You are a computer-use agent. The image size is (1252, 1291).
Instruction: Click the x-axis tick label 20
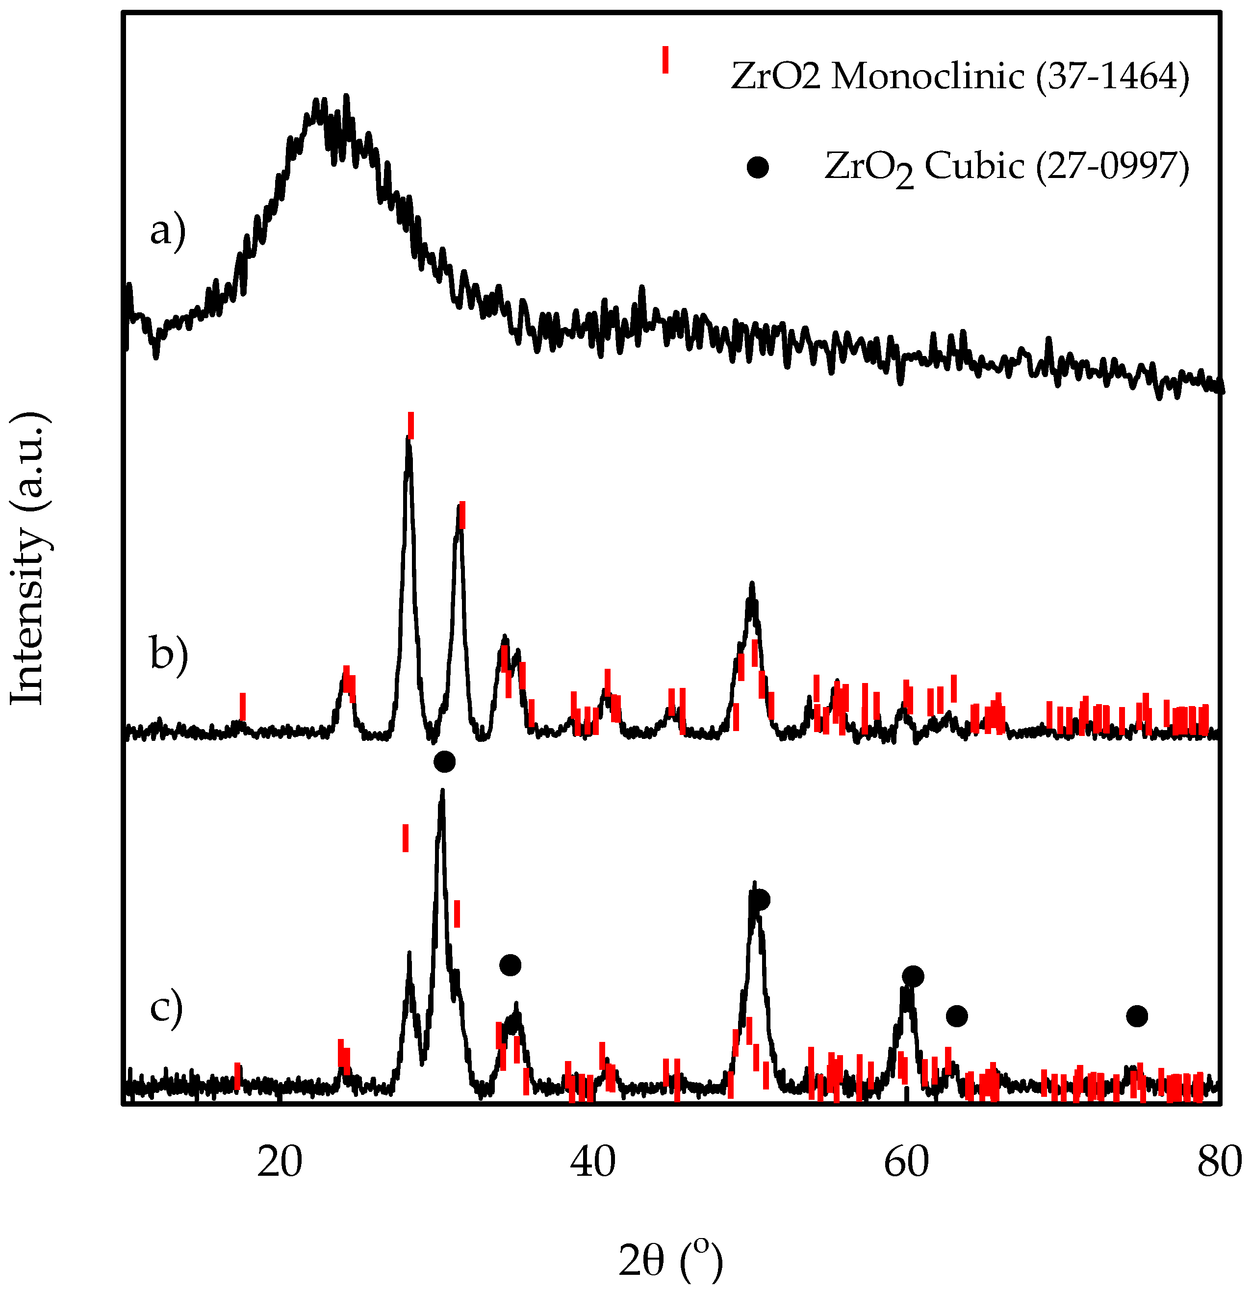tap(280, 1163)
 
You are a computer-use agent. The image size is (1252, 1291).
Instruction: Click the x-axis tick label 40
tap(593, 1163)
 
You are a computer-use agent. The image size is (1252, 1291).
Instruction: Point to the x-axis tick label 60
tap(907, 1163)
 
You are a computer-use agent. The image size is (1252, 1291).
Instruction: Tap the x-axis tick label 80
tap(1220, 1163)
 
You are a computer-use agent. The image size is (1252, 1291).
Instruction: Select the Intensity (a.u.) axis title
tap(27, 558)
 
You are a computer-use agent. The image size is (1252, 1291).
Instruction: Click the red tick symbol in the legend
tap(665, 59)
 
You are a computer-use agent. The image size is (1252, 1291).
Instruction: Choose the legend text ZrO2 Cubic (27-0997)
tap(1007, 167)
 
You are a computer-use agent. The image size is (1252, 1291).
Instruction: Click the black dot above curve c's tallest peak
tap(445, 762)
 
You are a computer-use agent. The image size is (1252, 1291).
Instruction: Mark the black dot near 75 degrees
tap(1137, 1016)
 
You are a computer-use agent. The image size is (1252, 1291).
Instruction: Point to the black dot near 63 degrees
tap(957, 1016)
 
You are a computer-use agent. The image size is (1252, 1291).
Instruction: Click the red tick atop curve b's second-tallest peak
tap(462, 515)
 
